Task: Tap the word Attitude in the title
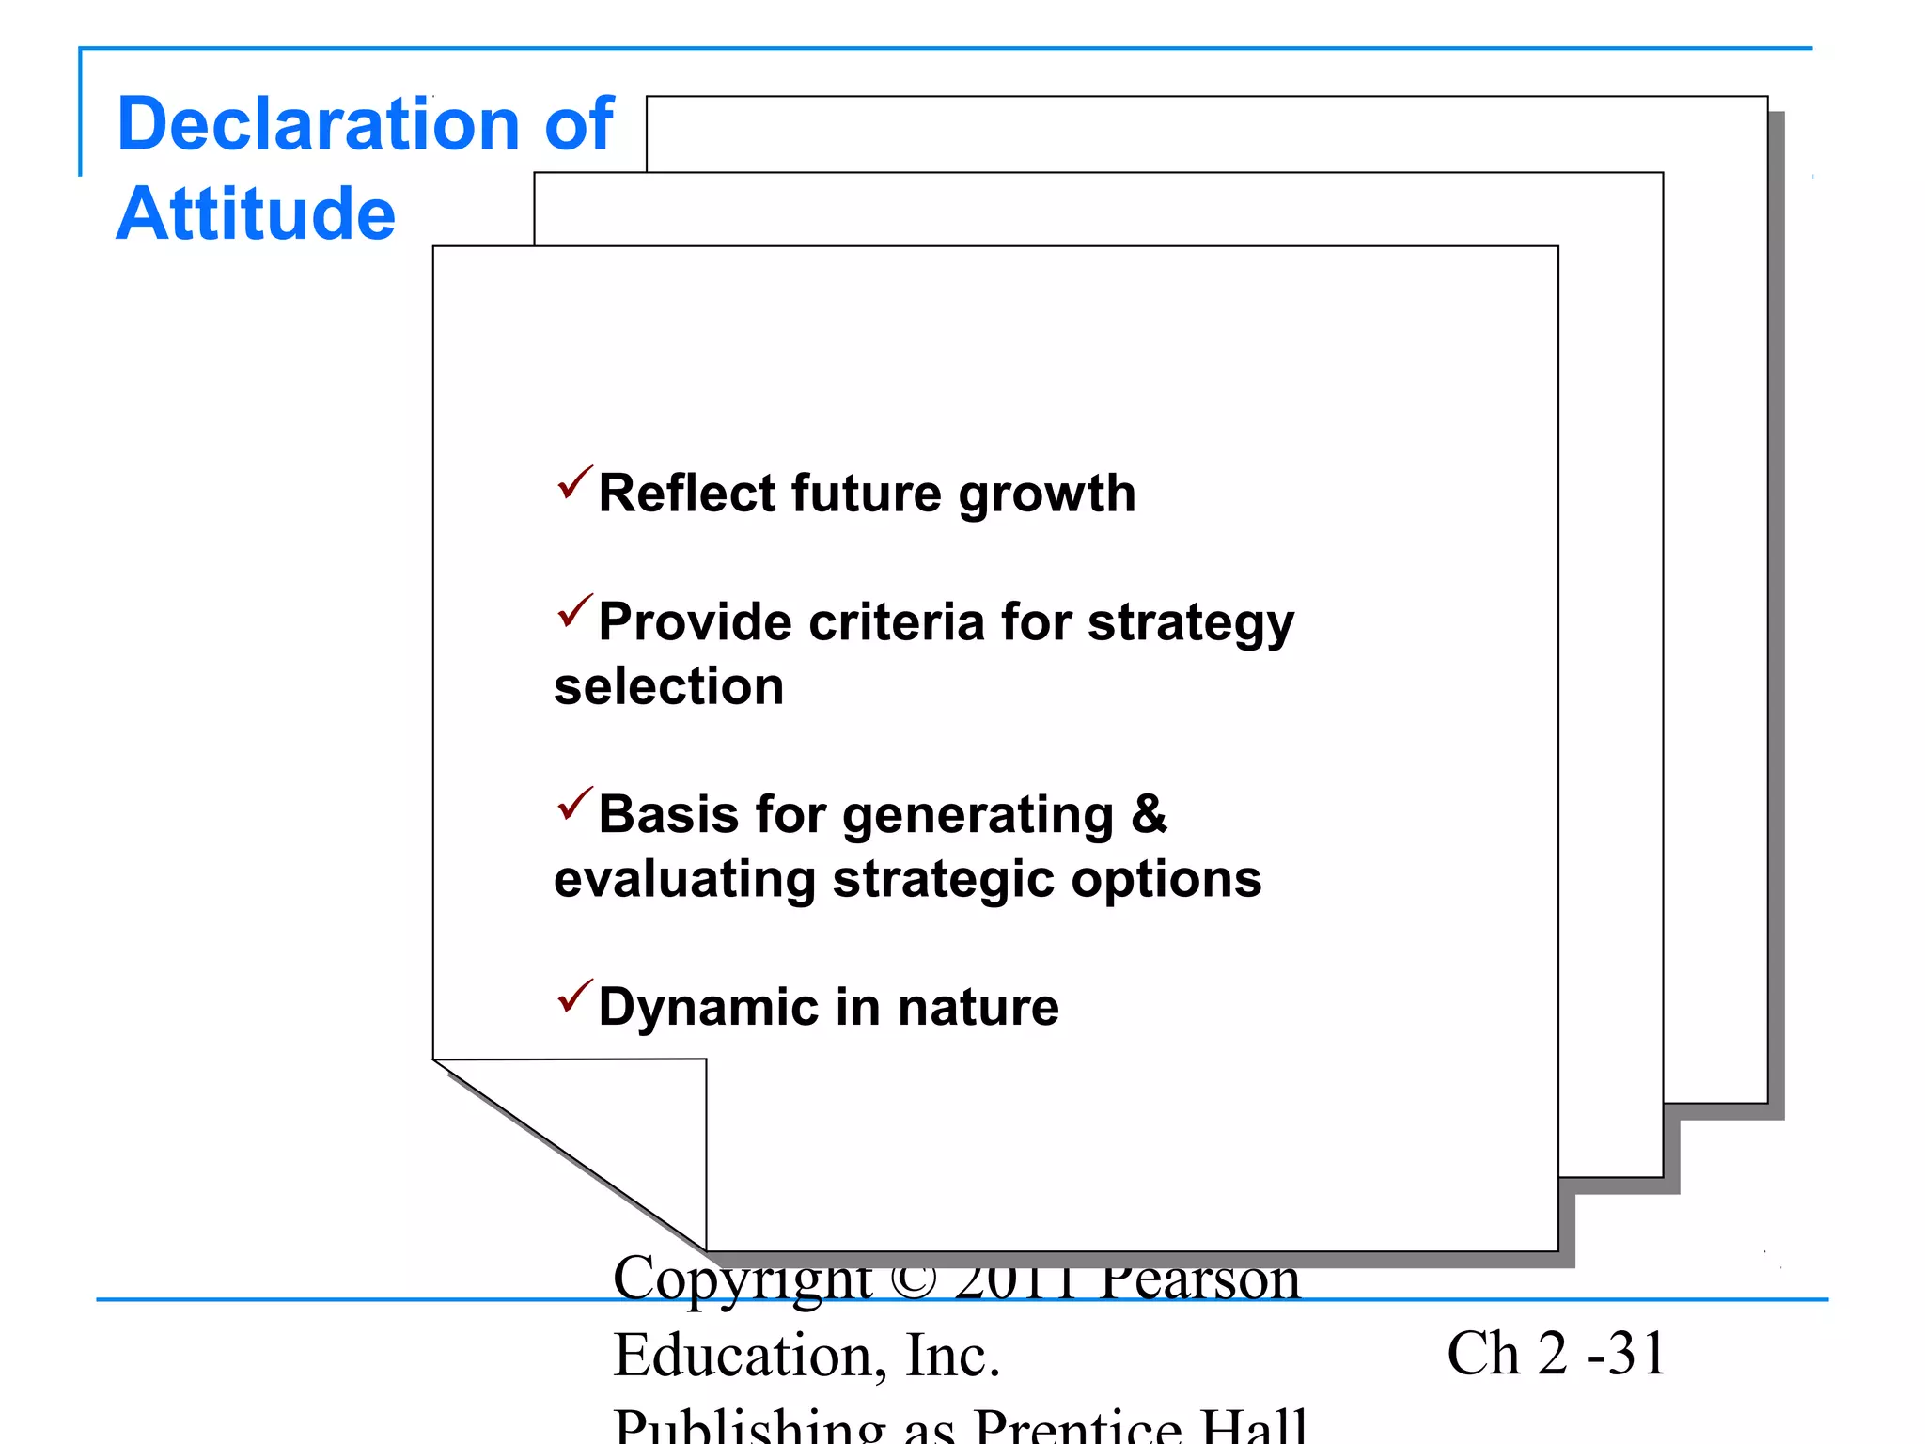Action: point(256,214)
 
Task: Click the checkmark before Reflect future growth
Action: point(574,482)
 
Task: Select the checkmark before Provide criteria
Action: point(574,611)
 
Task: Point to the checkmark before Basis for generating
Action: point(574,804)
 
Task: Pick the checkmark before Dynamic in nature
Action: point(574,997)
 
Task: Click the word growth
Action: point(1046,495)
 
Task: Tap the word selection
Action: point(668,686)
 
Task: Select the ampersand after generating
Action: point(1149,814)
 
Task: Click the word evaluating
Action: point(683,880)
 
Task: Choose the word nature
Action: point(978,1008)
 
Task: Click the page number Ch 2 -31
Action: point(1556,1354)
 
